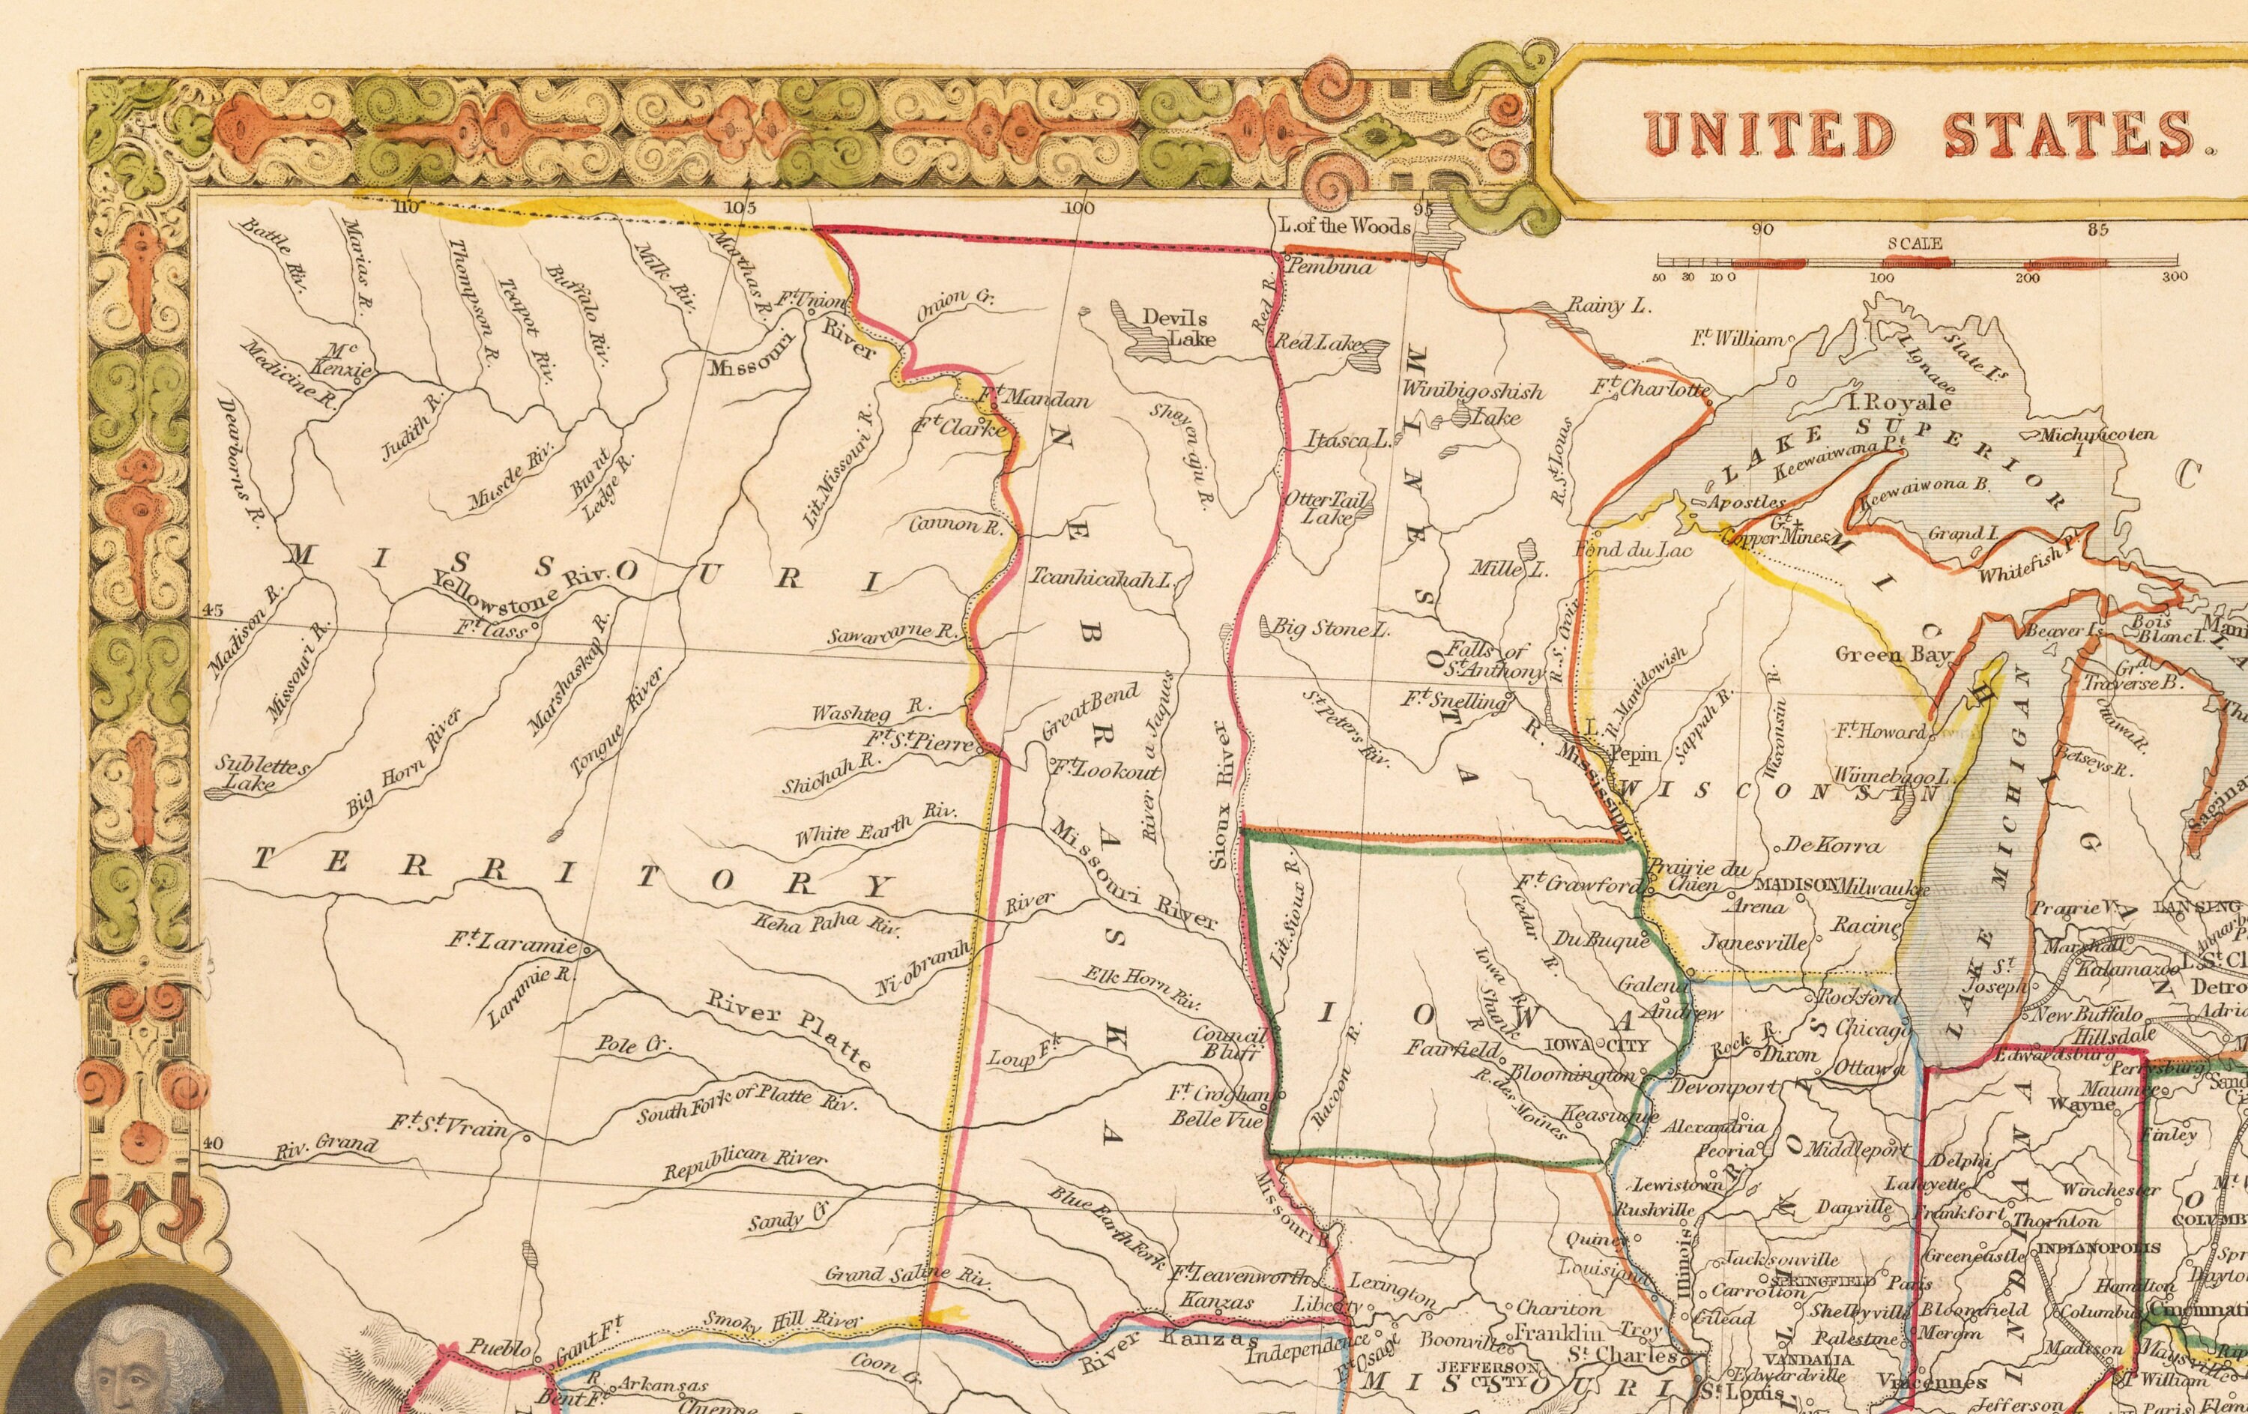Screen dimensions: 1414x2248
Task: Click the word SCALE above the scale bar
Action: pyautogui.click(x=1915, y=244)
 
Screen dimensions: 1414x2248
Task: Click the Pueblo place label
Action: pyautogui.click(x=500, y=1349)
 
